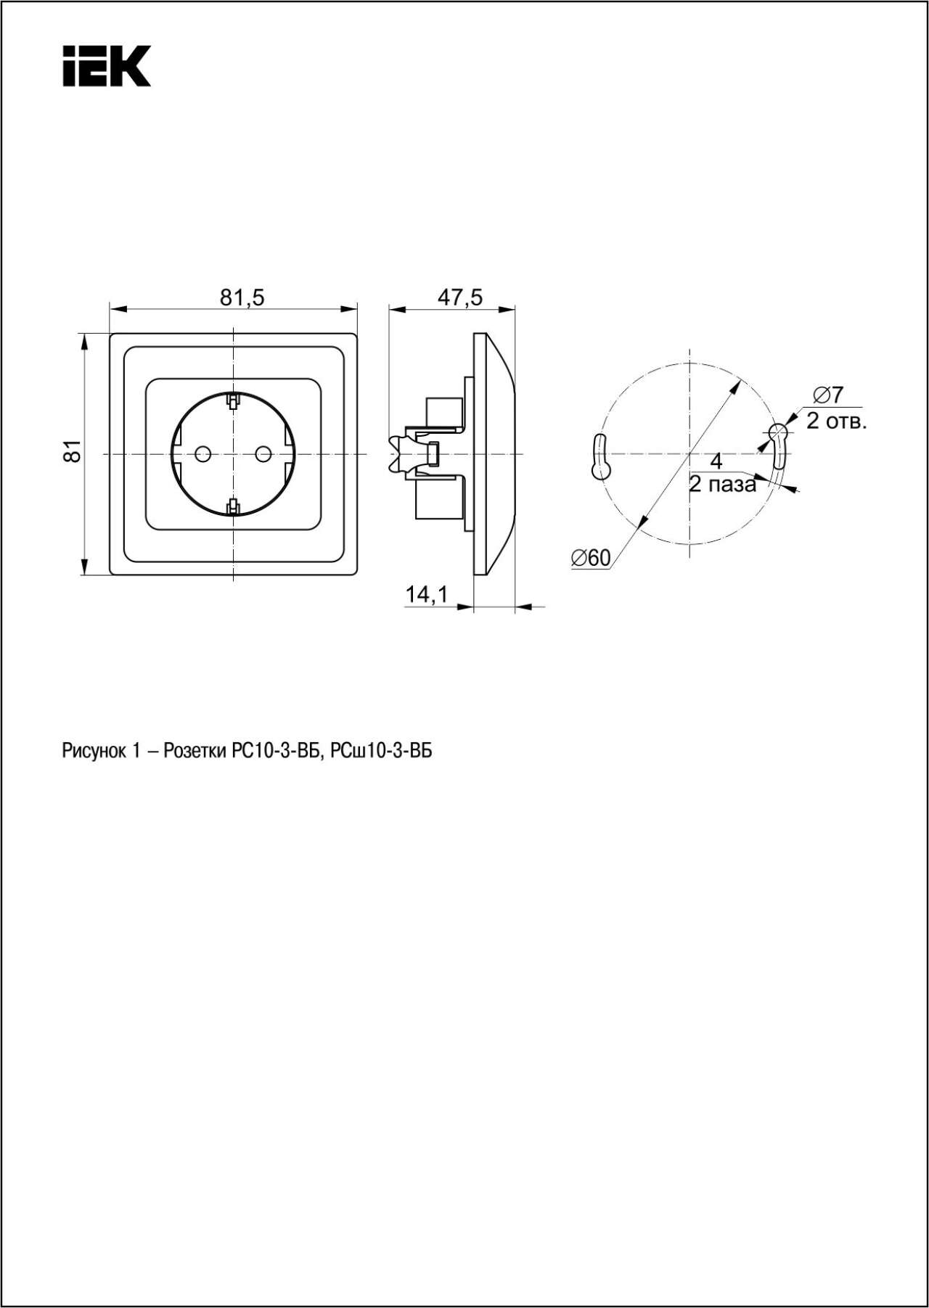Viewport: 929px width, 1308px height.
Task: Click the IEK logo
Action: (106, 66)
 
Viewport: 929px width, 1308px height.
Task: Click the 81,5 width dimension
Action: (242, 297)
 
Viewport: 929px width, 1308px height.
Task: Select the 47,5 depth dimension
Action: (459, 297)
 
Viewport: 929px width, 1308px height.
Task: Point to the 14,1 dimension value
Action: (427, 595)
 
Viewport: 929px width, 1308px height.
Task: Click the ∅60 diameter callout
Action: (592, 557)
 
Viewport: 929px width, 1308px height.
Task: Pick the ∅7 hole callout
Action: (828, 395)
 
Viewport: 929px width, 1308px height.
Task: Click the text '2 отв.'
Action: (836, 421)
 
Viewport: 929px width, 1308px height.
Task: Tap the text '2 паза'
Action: (723, 485)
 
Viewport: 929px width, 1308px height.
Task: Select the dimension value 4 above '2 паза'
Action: (716, 461)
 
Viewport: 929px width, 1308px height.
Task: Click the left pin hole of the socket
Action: (202, 454)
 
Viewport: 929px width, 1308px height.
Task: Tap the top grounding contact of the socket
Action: (233, 400)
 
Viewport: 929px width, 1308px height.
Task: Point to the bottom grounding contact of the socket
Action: (233, 507)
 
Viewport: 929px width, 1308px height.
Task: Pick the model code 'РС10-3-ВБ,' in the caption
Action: (277, 752)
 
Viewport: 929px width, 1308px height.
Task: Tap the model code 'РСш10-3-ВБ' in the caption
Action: (381, 752)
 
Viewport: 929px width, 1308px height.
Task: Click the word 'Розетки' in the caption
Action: (195, 752)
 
